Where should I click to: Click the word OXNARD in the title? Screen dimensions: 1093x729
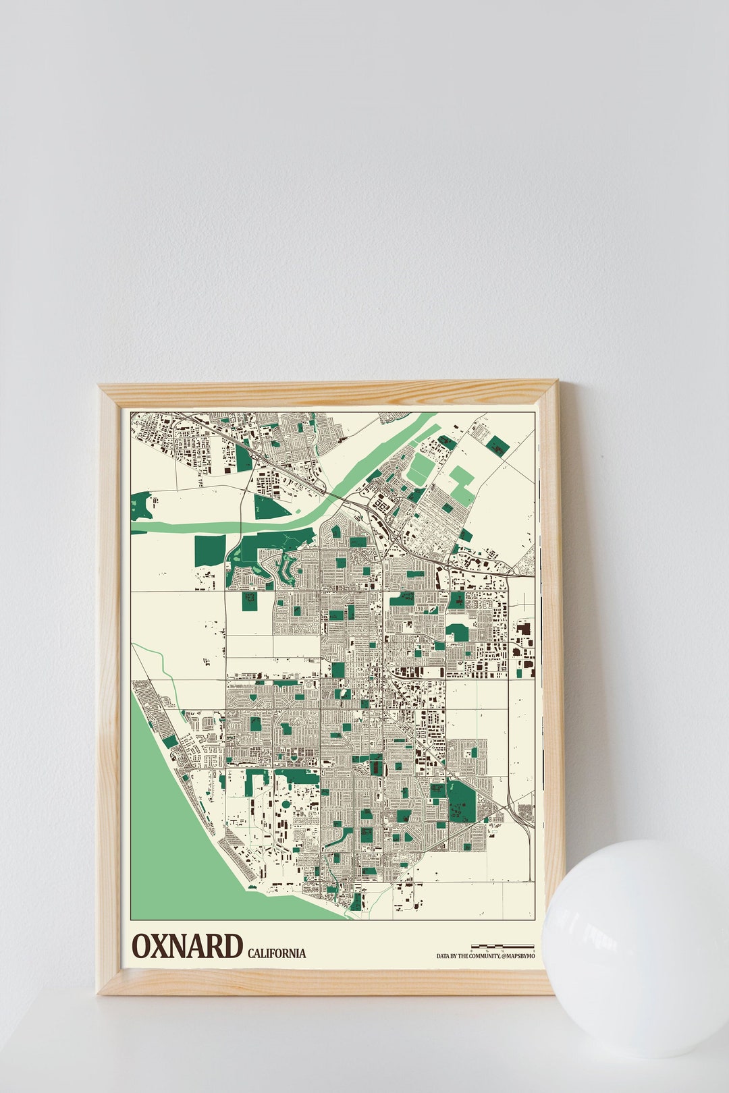point(187,946)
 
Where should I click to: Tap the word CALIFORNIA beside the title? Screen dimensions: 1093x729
point(276,953)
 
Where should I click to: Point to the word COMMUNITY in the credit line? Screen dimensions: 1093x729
point(482,956)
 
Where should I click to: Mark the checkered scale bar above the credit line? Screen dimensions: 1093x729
point(502,947)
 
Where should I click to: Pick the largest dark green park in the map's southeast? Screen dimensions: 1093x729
point(462,801)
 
